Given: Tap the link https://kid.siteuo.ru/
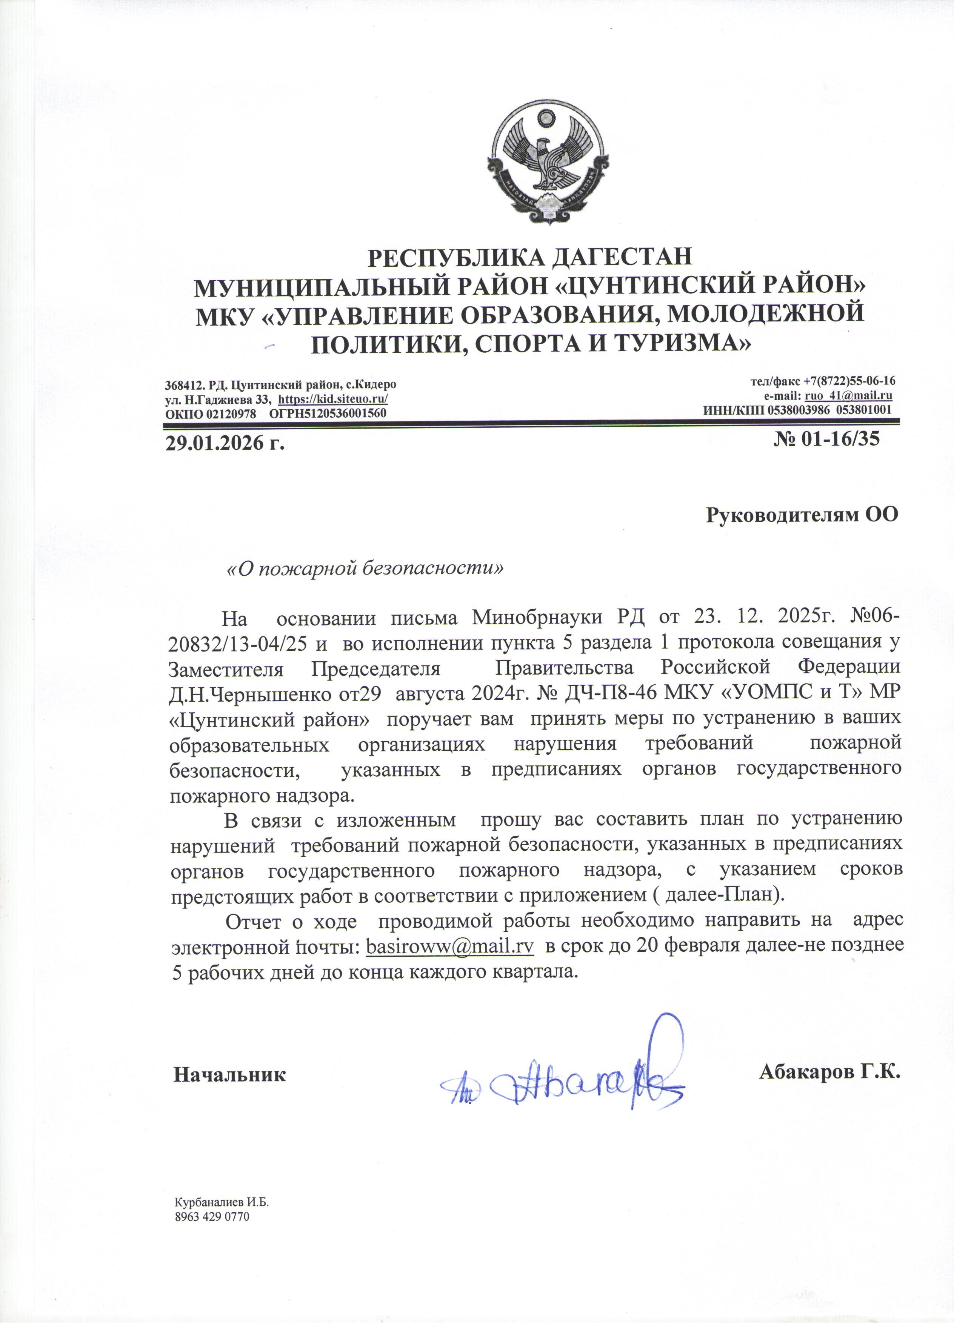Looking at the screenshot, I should coord(334,400).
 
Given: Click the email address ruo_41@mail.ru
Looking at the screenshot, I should coord(848,396).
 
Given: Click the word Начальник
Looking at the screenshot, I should coord(230,1075).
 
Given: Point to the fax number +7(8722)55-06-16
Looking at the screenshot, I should coord(849,381).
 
